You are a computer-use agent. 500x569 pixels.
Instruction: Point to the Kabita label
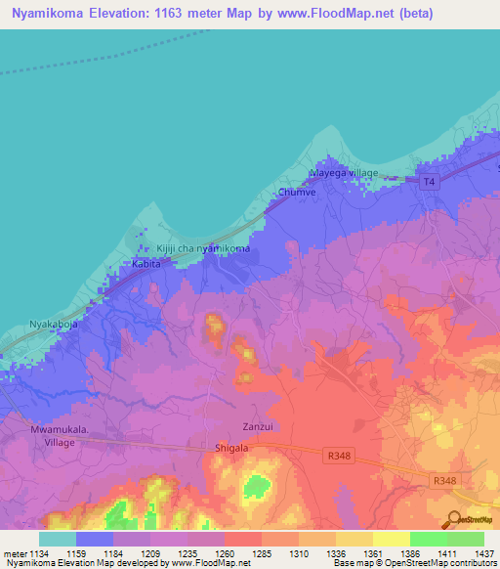(x=146, y=265)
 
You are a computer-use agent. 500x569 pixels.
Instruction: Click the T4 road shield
(x=429, y=182)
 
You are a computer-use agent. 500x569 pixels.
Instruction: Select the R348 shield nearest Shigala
(x=335, y=455)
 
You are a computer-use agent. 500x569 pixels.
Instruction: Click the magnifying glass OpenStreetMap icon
(x=453, y=519)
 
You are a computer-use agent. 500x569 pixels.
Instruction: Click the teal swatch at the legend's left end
(x=58, y=538)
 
